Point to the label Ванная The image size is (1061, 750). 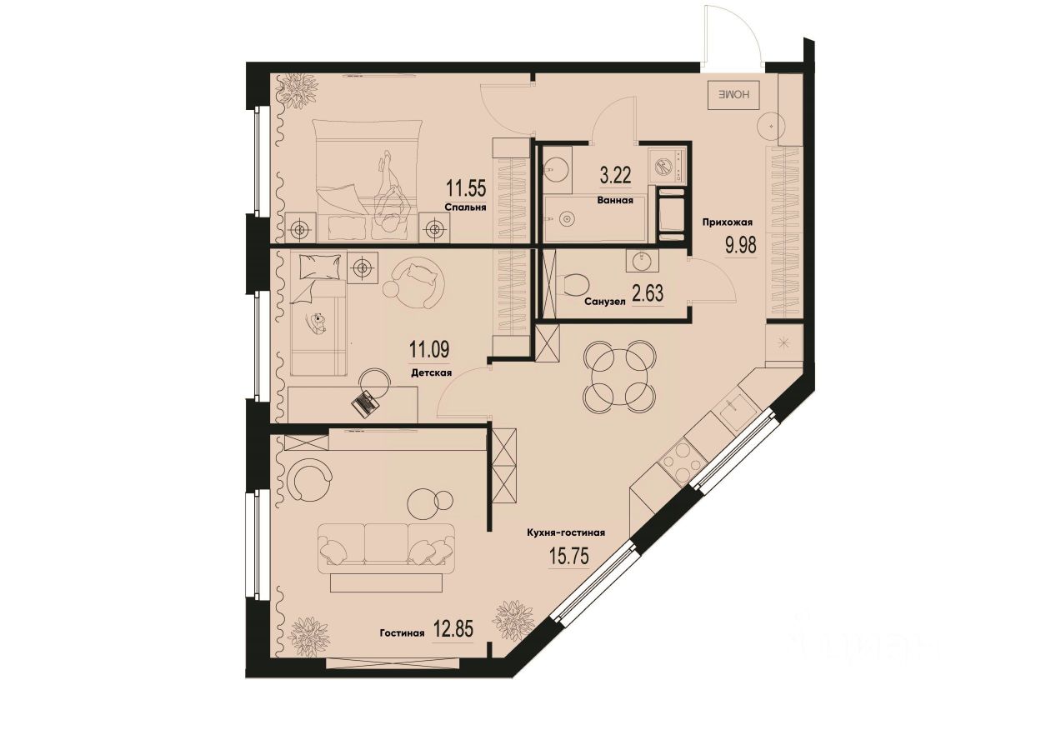[x=615, y=200]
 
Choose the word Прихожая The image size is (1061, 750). [x=728, y=222]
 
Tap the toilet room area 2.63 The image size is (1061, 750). [x=647, y=295]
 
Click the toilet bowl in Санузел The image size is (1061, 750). [x=573, y=286]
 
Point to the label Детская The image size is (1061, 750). [x=431, y=374]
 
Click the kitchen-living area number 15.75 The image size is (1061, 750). [x=568, y=556]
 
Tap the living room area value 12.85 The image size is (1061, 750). [x=453, y=629]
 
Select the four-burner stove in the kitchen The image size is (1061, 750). [x=679, y=461]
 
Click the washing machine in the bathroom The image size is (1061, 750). [x=668, y=163]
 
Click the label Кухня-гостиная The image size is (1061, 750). [x=564, y=533]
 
